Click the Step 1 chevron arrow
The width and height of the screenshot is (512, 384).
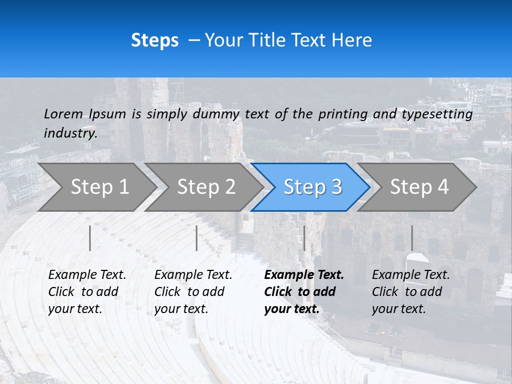click(99, 187)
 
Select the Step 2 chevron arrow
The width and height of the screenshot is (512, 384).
click(206, 187)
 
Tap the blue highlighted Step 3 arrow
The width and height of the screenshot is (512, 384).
click(313, 187)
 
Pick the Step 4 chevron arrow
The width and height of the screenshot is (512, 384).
click(419, 187)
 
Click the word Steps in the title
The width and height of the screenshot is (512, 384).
click(155, 41)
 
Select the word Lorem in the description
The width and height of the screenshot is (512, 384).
click(63, 114)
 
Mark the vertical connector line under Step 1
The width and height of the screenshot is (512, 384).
click(90, 238)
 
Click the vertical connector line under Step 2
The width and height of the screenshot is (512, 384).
click(197, 238)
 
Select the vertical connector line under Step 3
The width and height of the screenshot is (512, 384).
click(304, 238)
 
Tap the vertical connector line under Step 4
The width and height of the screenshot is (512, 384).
click(412, 238)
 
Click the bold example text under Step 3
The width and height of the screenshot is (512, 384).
click(304, 292)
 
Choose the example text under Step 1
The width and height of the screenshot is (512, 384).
click(87, 292)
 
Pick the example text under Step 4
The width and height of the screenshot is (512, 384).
click(411, 292)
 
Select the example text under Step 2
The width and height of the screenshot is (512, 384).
click(193, 292)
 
